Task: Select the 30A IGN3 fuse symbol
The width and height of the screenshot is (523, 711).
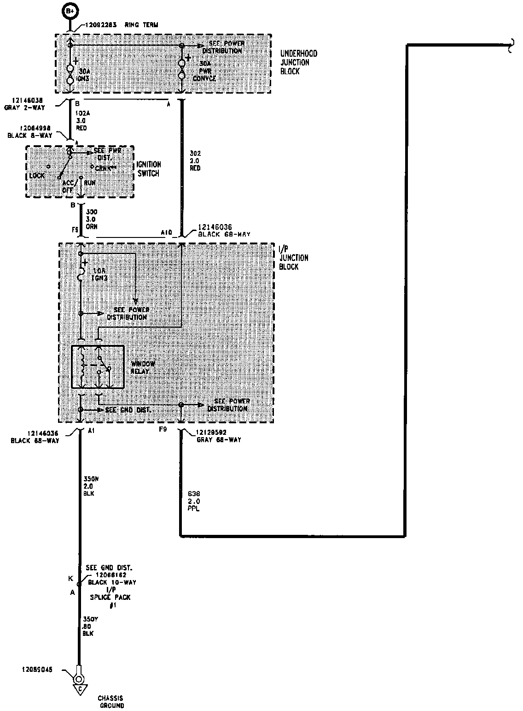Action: point(70,75)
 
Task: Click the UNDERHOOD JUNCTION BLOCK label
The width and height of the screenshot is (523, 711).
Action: point(299,63)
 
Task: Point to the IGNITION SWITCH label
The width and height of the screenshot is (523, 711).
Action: point(148,169)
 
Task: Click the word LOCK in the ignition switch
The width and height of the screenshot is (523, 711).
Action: point(37,176)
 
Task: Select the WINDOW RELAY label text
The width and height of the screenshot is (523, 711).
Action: point(143,367)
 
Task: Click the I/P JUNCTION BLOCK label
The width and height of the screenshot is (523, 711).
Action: point(294,258)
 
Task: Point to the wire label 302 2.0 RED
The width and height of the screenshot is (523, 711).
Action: point(195,160)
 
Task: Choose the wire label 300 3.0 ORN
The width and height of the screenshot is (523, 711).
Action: point(91,219)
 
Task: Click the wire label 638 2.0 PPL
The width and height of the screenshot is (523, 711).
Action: point(194,501)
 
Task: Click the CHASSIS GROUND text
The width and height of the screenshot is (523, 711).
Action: point(110,702)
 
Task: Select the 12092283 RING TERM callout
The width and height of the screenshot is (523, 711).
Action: point(122,25)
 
